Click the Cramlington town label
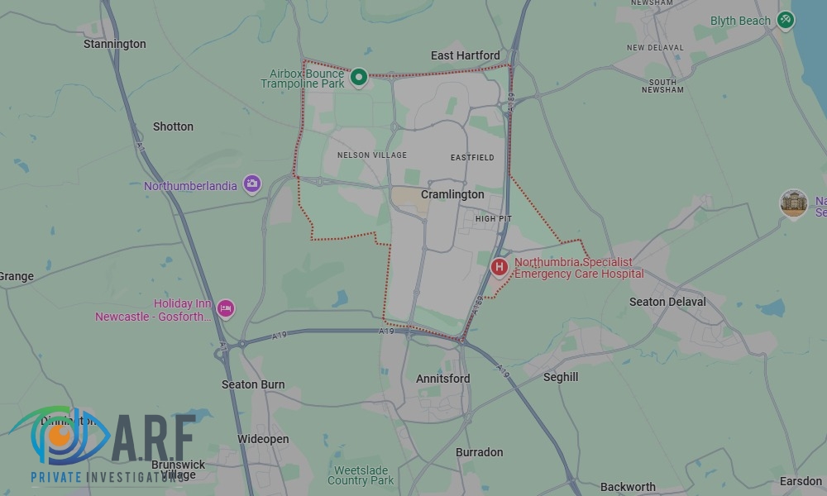pyautogui.click(x=452, y=194)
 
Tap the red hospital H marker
pyautogui.click(x=499, y=267)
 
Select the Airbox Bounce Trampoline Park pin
pyautogui.click(x=359, y=78)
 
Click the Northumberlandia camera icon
pyautogui.click(x=252, y=185)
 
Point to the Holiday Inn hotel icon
pyautogui.click(x=226, y=309)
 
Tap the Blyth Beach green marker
pyautogui.click(x=786, y=20)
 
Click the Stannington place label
pyautogui.click(x=115, y=44)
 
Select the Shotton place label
pyautogui.click(x=173, y=126)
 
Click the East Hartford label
pyautogui.click(x=466, y=55)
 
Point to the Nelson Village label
pyautogui.click(x=372, y=155)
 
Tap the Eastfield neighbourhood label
pyautogui.click(x=472, y=157)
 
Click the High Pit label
pyautogui.click(x=494, y=219)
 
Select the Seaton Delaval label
pyautogui.click(x=667, y=302)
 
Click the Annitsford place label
pyautogui.click(x=442, y=379)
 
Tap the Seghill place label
pyautogui.click(x=561, y=377)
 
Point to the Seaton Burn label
pyautogui.click(x=253, y=384)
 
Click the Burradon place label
pyautogui.click(x=479, y=452)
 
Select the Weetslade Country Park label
pyautogui.click(x=361, y=475)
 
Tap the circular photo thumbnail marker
pyautogui.click(x=794, y=203)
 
